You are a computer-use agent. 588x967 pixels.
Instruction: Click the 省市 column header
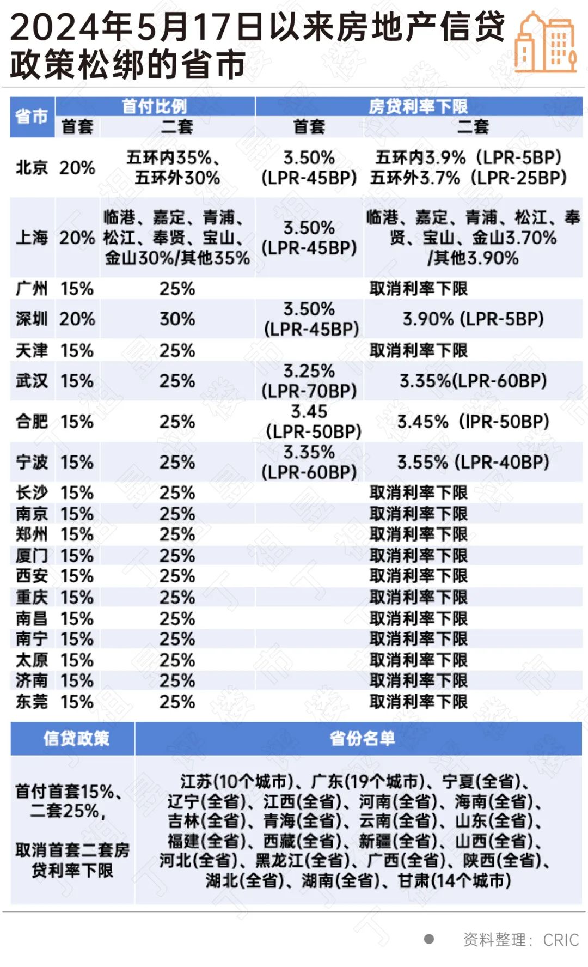tap(32, 117)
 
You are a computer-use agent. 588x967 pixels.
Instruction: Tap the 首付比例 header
tap(155, 106)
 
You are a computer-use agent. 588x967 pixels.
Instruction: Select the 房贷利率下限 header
tap(418, 106)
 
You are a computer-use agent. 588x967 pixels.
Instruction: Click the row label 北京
tap(32, 167)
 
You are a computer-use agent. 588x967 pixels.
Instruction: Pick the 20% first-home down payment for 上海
tap(77, 238)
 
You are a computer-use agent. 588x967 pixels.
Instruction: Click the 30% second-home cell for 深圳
tap(177, 319)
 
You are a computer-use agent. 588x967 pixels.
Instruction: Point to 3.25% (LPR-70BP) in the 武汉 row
tap(309, 381)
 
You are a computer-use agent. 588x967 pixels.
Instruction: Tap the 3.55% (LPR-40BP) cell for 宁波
tap(473, 462)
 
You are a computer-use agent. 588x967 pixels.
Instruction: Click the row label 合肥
tap(32, 421)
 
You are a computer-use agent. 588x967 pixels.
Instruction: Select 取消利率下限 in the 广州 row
tap(418, 288)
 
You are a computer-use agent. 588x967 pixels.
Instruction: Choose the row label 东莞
tap(32, 702)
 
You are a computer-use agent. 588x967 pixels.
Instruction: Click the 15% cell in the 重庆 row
tap(77, 597)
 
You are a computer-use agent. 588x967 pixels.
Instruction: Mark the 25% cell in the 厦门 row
tap(177, 556)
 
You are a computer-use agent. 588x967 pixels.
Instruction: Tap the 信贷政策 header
tap(76, 738)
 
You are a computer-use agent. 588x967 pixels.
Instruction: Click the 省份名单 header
tap(362, 738)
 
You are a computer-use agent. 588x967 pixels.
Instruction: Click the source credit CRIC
tap(561, 940)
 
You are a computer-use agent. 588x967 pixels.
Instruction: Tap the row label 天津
tap(32, 350)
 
